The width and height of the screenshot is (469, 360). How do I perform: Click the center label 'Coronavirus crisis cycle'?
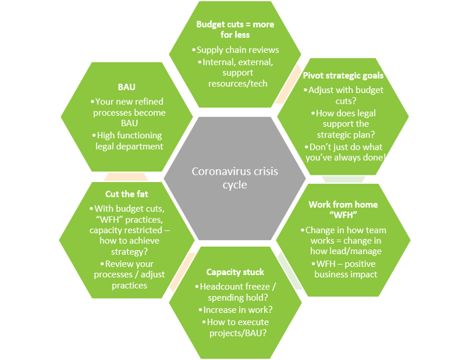pyautogui.click(x=234, y=179)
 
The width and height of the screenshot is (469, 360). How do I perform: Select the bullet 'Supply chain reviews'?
pyautogui.click(x=234, y=50)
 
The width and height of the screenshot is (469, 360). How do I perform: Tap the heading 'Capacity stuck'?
pyautogui.click(x=235, y=272)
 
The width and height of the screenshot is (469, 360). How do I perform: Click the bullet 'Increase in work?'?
pyautogui.click(x=235, y=309)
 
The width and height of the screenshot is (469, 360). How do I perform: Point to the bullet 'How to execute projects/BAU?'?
pyautogui.click(x=235, y=328)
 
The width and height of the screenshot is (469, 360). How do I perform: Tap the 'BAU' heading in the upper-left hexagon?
pyautogui.click(x=127, y=87)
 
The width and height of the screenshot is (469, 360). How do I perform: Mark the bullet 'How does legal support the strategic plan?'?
pyautogui.click(x=346, y=123)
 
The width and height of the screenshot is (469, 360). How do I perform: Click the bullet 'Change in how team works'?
pyautogui.click(x=345, y=236)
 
